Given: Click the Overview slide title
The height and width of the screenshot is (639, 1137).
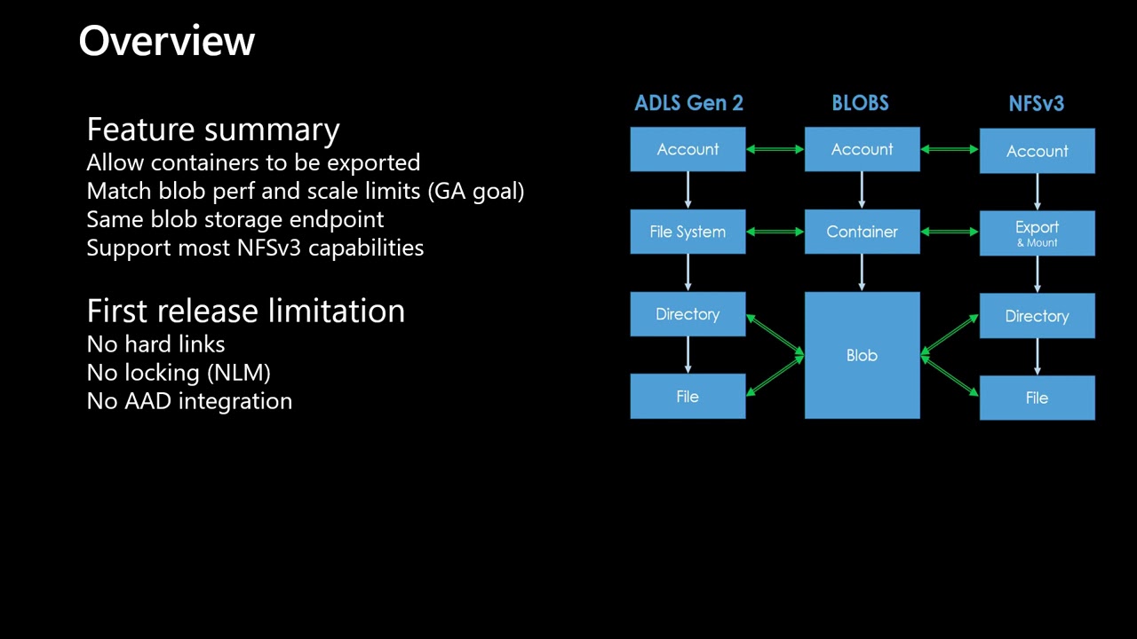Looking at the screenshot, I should coord(167,41).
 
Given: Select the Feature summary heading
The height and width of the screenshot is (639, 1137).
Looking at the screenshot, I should coord(213,130).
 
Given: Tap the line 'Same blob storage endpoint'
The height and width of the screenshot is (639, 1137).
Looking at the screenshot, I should coord(235,219).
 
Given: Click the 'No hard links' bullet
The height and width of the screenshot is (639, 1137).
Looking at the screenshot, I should coord(156,344).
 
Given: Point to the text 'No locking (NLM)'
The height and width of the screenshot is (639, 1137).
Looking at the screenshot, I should coord(179,373).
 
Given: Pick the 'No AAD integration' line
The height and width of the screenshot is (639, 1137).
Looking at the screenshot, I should coord(189,401).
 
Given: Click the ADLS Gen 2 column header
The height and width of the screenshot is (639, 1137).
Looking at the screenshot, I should coord(688,104).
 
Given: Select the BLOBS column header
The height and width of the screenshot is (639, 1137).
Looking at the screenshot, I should coord(860,104).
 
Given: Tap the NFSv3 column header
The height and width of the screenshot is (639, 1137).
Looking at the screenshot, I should coord(1036,104).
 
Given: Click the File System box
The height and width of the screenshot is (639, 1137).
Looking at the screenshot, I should coord(688,232).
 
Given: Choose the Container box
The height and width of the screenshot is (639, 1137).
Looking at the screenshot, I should coord(862,232).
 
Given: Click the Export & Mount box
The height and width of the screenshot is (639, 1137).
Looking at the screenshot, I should coord(1037,233).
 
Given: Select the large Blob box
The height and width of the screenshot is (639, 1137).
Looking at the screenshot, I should coord(862,355).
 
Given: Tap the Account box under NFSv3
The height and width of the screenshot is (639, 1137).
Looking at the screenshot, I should coord(1037,151).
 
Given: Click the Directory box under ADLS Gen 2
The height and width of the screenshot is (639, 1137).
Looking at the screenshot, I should coord(688,314).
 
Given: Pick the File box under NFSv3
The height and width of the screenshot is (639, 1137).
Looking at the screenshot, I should coord(1037,398).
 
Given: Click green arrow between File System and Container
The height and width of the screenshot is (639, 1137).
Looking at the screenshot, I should coord(775,232).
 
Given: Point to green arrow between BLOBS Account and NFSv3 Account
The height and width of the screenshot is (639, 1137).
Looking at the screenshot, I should coord(950,149).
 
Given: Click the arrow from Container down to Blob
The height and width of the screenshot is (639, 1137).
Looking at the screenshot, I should coord(862,272).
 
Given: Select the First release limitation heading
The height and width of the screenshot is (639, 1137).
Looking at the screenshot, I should coord(246,312).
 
